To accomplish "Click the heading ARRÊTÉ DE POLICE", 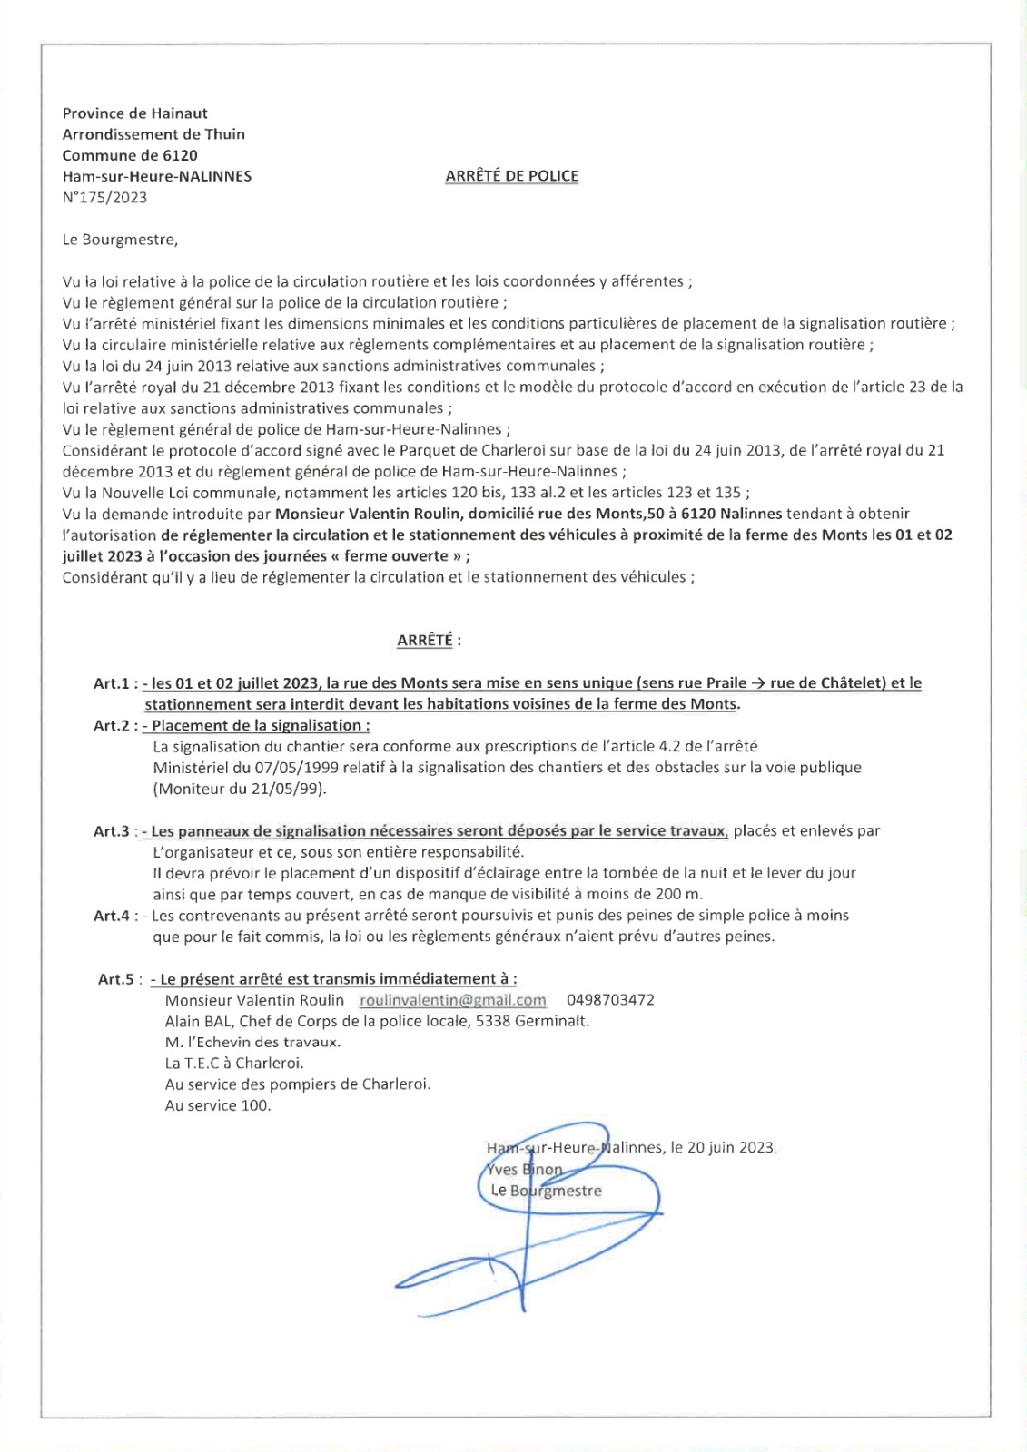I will pyautogui.click(x=511, y=176).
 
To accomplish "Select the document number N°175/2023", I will pyautogui.click(x=104, y=198).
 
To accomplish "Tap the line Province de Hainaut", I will pyautogui.click(x=134, y=113).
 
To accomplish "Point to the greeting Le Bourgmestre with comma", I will pyautogui.click(x=120, y=240).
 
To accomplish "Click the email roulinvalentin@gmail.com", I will pyautogui.click(x=453, y=1000).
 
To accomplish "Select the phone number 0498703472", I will pyautogui.click(x=610, y=1000).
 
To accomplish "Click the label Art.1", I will pyautogui.click(x=112, y=683).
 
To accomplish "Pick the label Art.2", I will pyautogui.click(x=112, y=726).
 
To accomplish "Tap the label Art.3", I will pyautogui.click(x=112, y=831).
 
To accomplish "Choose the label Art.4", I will pyautogui.click(x=112, y=916).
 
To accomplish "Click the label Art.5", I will pyautogui.click(x=116, y=979).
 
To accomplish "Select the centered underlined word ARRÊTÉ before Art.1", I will pyautogui.click(x=424, y=641).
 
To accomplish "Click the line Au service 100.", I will pyautogui.click(x=218, y=1105).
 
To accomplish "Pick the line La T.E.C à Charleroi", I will pyautogui.click(x=234, y=1063).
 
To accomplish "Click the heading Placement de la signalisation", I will pyautogui.click(x=260, y=726).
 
